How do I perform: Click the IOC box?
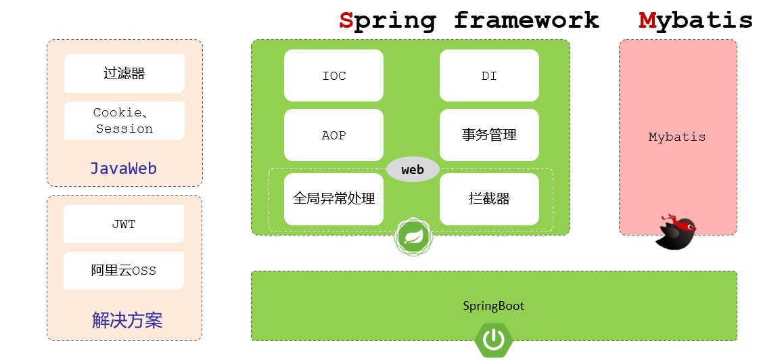click(333, 75)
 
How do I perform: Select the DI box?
click(489, 75)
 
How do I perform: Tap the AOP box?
click(333, 135)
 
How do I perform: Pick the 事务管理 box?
click(489, 135)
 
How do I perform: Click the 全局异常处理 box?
click(333, 199)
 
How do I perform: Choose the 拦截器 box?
click(489, 199)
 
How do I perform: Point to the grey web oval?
click(413, 169)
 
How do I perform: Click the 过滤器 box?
click(124, 73)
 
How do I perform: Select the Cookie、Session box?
click(124, 120)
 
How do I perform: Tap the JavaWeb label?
click(124, 168)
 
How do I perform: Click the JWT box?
click(124, 224)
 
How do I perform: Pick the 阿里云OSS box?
click(124, 271)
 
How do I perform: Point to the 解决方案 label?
click(127, 320)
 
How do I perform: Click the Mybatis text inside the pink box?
click(677, 137)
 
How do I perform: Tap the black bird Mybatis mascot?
click(676, 233)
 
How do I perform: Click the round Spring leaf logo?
click(413, 236)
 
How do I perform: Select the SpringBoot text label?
click(493, 306)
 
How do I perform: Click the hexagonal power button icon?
click(493, 338)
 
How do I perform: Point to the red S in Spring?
click(346, 20)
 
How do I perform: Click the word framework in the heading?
click(526, 20)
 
